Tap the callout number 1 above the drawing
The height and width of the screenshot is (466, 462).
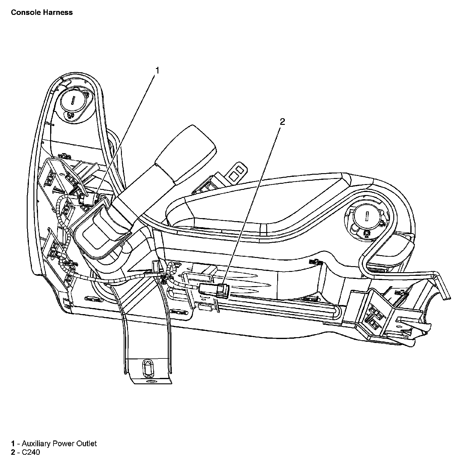[157, 70]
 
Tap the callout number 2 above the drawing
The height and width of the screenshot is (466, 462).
[282, 122]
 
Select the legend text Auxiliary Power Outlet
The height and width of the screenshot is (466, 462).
[59, 444]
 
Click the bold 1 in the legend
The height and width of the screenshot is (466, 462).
[13, 444]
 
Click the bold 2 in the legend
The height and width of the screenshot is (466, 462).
[13, 452]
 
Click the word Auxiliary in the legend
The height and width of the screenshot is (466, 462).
[36, 444]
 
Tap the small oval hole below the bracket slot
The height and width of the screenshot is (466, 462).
[150, 382]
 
